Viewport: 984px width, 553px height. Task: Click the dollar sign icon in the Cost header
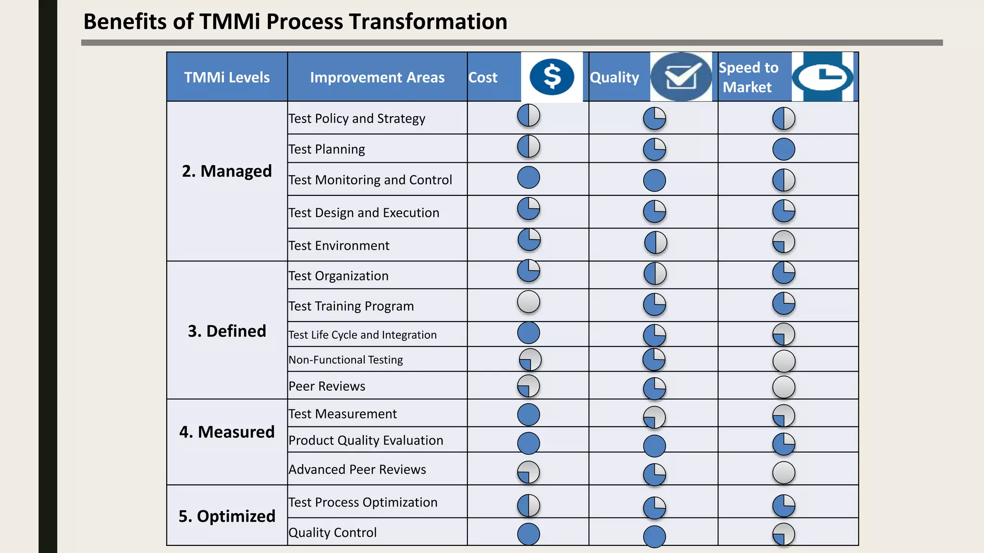tap(552, 77)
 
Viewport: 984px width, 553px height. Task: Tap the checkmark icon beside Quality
tap(681, 77)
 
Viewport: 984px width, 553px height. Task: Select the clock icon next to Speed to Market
tap(823, 77)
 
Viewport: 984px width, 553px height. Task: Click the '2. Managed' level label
tap(227, 171)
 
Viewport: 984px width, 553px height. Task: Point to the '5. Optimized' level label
tap(227, 516)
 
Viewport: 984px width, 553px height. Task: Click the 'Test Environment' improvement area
tap(339, 245)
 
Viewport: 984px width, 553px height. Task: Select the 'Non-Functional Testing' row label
tap(345, 360)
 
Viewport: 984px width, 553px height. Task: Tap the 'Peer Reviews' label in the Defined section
tap(327, 386)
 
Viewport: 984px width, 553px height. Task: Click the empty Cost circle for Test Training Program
tap(529, 302)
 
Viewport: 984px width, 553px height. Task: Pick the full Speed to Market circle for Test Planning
tap(784, 149)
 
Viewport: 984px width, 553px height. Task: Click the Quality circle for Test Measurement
tap(654, 417)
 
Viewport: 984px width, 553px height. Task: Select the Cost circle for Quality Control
tap(529, 534)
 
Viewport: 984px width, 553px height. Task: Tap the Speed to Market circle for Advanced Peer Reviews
tap(784, 472)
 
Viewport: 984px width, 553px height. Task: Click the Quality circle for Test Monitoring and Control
tap(654, 180)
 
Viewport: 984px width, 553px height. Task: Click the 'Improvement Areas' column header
tap(377, 77)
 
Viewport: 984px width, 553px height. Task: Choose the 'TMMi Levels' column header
tap(227, 77)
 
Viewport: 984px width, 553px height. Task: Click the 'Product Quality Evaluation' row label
tap(366, 440)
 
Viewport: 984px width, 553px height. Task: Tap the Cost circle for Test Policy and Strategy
tap(529, 116)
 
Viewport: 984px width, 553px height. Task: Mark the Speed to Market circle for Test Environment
tap(784, 242)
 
